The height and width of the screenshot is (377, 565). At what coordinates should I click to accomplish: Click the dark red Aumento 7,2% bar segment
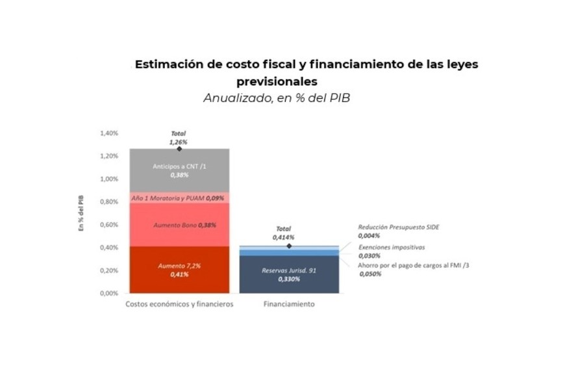(179, 270)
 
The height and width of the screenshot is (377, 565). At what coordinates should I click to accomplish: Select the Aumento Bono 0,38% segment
(179, 225)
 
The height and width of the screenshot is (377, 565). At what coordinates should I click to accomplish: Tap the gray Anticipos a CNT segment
(179, 170)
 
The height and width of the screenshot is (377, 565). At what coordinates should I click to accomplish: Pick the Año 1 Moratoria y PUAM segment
(179, 197)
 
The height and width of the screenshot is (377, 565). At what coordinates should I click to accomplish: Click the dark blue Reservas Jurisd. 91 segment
(289, 274)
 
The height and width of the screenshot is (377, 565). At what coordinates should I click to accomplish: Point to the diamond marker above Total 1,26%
(179, 149)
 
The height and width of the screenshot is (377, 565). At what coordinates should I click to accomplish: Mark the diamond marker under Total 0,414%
(289, 246)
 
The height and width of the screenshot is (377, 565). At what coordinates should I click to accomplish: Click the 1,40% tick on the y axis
(109, 133)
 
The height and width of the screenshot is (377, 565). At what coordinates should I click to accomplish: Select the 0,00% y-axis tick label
(109, 293)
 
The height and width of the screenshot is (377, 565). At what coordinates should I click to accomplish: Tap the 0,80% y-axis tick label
(109, 201)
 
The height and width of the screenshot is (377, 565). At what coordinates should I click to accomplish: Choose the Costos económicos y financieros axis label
(179, 304)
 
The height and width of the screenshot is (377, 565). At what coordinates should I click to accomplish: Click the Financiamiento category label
(289, 304)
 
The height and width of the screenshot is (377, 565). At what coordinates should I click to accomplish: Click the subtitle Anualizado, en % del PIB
(277, 99)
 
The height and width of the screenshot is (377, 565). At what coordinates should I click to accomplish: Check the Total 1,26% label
(179, 137)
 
